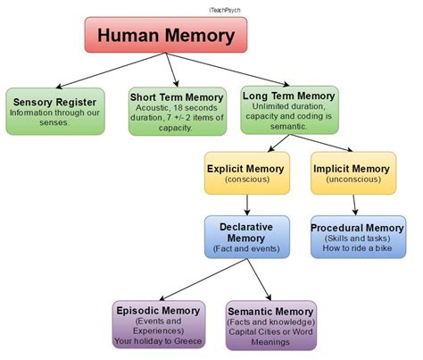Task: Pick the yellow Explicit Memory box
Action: click(246, 173)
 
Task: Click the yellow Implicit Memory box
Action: click(351, 173)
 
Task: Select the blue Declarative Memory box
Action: click(245, 237)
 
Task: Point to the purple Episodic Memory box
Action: click(159, 324)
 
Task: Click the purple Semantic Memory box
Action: click(270, 324)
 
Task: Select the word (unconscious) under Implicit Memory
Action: click(351, 180)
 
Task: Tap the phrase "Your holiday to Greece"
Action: click(159, 340)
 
